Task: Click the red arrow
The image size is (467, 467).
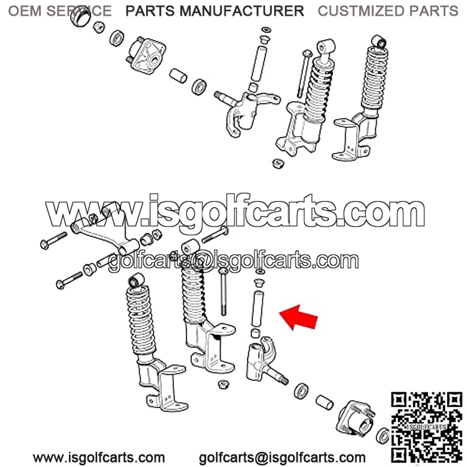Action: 299,318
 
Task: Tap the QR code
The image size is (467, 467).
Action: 427,427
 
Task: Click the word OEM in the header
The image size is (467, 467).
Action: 25,11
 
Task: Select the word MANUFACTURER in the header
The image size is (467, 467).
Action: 242,11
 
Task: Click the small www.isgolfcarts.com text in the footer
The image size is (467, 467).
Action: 99,458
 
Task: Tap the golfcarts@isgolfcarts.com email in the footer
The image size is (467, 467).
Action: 282,458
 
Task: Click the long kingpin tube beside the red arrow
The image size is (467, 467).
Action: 257,309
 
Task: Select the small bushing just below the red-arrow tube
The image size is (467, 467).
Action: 255,333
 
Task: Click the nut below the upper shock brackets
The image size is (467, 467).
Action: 278,163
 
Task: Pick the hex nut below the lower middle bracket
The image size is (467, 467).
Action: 223,384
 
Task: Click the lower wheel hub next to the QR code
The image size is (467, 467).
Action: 356,419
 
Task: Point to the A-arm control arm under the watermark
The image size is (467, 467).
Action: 105,228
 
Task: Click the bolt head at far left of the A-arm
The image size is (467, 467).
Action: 44,245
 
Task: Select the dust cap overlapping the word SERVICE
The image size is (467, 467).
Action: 81,17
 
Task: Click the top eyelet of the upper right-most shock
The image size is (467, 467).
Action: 378,41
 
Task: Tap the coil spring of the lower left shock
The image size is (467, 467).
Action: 141,320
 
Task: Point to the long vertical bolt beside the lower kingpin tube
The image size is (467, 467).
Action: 223,292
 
